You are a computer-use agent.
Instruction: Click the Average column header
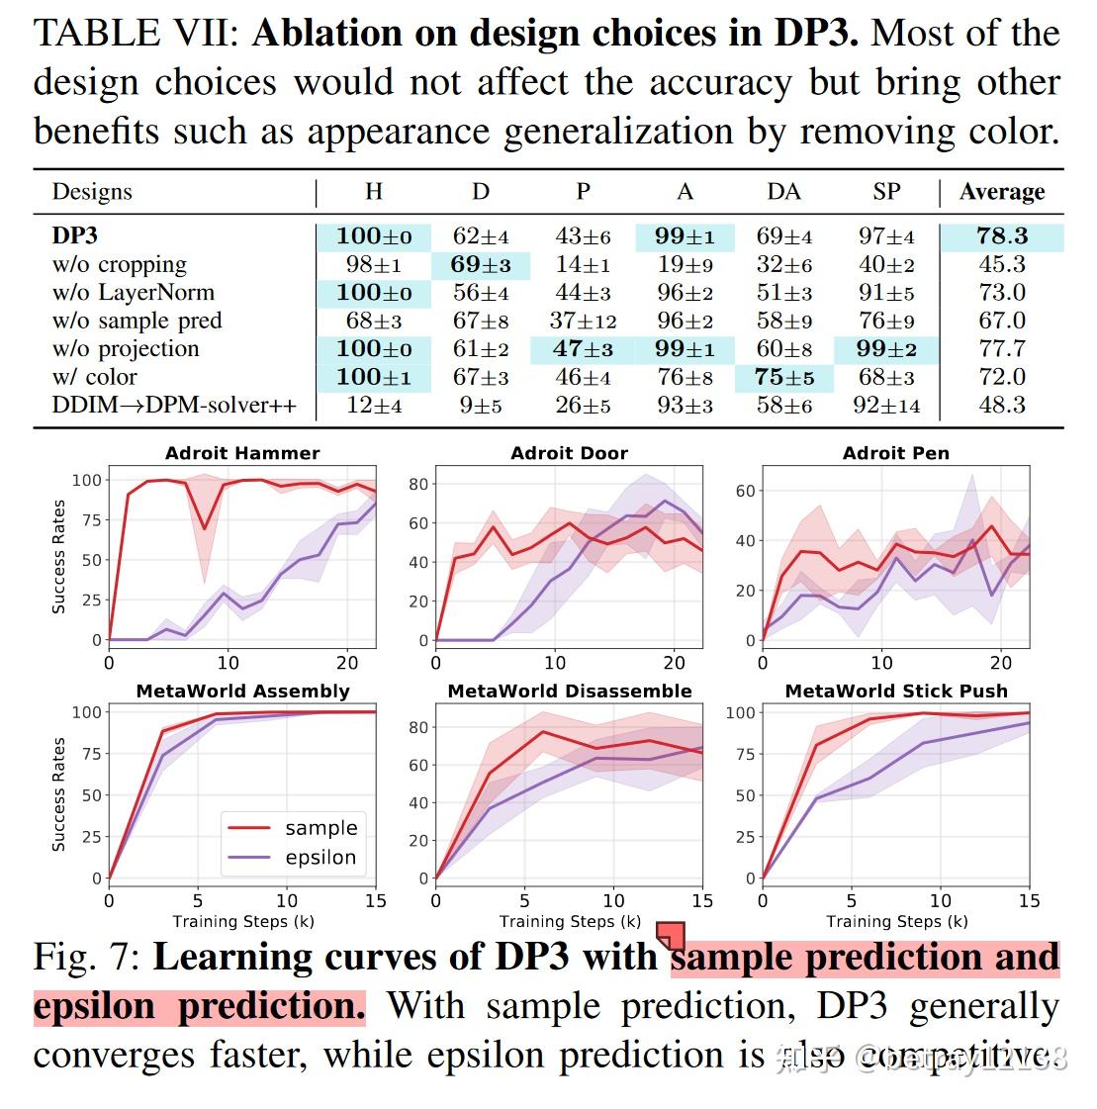coord(1001,192)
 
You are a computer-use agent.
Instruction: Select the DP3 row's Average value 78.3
coord(1001,236)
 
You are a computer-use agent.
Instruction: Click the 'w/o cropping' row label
coord(119,265)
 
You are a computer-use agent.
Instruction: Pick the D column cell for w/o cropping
coord(481,265)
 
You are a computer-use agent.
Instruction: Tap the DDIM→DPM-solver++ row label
coord(173,406)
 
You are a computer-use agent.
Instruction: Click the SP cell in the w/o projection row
coord(886,349)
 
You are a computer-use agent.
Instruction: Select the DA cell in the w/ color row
coord(783,377)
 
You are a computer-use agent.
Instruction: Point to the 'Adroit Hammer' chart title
coord(242,453)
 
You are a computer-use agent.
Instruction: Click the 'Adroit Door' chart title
coord(569,453)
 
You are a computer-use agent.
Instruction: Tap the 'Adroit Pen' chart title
coord(895,453)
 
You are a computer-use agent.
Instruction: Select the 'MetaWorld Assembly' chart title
coord(242,691)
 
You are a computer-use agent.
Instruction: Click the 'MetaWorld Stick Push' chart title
coord(895,691)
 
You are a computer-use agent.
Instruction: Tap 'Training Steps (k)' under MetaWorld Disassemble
coord(570,921)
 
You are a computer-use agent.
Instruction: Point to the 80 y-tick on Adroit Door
coord(418,484)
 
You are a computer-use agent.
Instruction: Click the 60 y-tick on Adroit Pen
coord(745,491)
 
